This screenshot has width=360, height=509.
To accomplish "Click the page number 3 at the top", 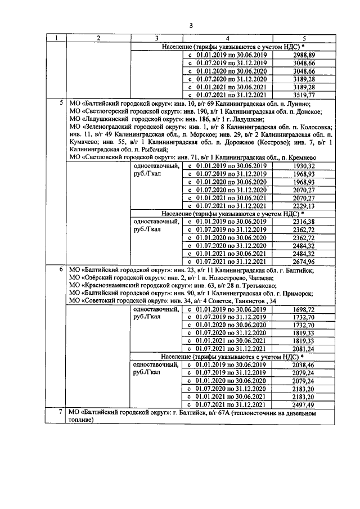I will pyautogui.click(x=191, y=25).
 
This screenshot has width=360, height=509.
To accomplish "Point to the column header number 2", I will pyautogui.click(x=98, y=38).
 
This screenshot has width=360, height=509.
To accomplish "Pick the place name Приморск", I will pyautogui.click(x=293, y=294).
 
